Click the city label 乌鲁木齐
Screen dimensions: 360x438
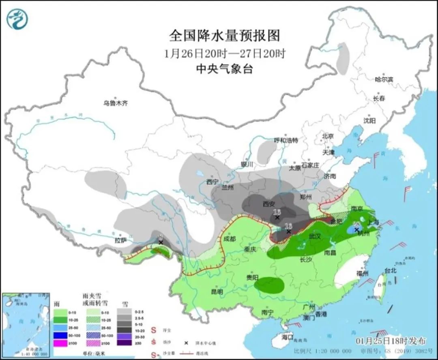pyautogui.click(x=116, y=103)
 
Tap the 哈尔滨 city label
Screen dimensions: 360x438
pyautogui.click(x=384, y=79)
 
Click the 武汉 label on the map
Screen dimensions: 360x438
pyautogui.click(x=315, y=236)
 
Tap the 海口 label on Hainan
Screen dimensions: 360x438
pyautogui.click(x=287, y=337)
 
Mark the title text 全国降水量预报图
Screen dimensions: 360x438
pyautogui.click(x=224, y=36)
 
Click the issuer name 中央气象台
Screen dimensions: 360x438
pyautogui.click(x=224, y=69)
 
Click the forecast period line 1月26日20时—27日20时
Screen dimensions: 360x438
pyautogui.click(x=224, y=53)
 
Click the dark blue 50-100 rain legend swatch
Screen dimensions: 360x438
pyautogui.click(x=61, y=335)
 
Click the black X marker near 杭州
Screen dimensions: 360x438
pyautogui.click(x=357, y=230)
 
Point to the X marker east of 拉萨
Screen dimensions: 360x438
pyautogui.click(x=161, y=242)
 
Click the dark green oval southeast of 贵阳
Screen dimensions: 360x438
pyautogui.click(x=269, y=285)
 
